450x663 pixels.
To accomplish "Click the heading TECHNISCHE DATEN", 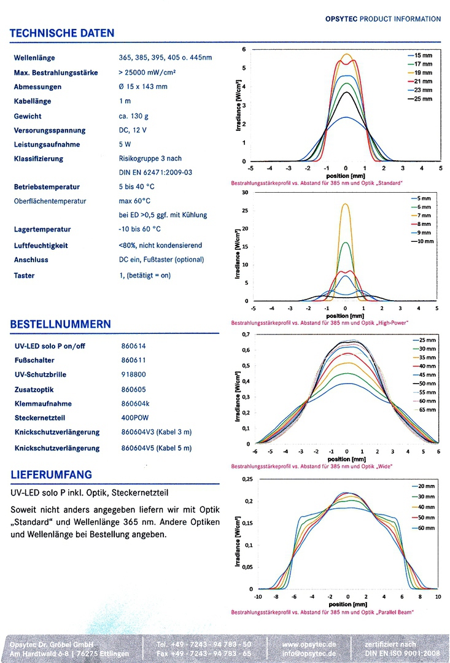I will coord(63,33).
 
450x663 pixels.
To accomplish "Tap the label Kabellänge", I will coord(33,101).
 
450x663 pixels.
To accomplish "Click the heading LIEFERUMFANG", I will coord(52,475).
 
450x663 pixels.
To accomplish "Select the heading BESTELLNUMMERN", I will coord(61,324).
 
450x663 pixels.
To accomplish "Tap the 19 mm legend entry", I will coord(422,72).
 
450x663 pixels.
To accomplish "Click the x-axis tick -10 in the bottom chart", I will coord(258,596).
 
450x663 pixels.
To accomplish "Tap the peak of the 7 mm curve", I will coord(346,204).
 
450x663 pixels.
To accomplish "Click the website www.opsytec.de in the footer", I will coord(309,645).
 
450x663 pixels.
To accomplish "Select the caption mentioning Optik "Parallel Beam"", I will coord(322,612).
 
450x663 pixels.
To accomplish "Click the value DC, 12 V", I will coord(133,130).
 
